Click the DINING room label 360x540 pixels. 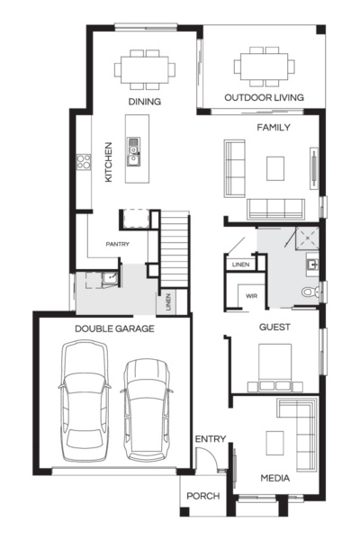click(x=144, y=102)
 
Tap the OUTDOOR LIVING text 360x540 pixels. click(x=264, y=97)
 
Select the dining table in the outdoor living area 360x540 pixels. click(x=264, y=66)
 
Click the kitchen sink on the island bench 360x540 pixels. click(x=133, y=152)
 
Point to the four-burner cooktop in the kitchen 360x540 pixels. click(x=84, y=163)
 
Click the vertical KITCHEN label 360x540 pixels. click(x=108, y=162)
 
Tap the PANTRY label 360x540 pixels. click(x=119, y=244)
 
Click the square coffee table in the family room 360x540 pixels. click(x=274, y=167)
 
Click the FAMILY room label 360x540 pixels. click(x=274, y=128)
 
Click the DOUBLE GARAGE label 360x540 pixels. click(x=114, y=328)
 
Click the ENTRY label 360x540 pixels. click(x=210, y=438)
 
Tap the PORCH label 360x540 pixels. click(x=199, y=497)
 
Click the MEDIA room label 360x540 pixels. click(x=274, y=478)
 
